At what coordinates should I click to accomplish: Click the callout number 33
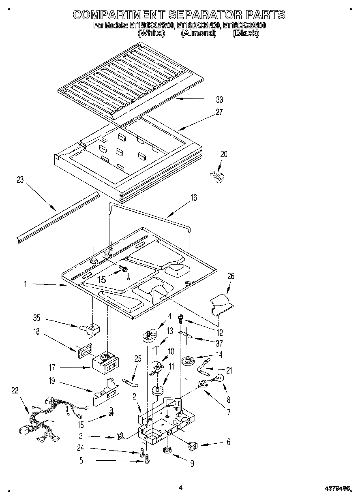click(219, 100)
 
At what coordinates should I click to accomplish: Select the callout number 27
click(219, 112)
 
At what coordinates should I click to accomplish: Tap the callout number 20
click(224, 154)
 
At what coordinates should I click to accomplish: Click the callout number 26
click(231, 276)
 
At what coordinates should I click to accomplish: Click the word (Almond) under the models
click(198, 34)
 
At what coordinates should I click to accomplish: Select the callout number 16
click(193, 198)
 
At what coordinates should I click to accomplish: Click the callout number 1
click(25, 285)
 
